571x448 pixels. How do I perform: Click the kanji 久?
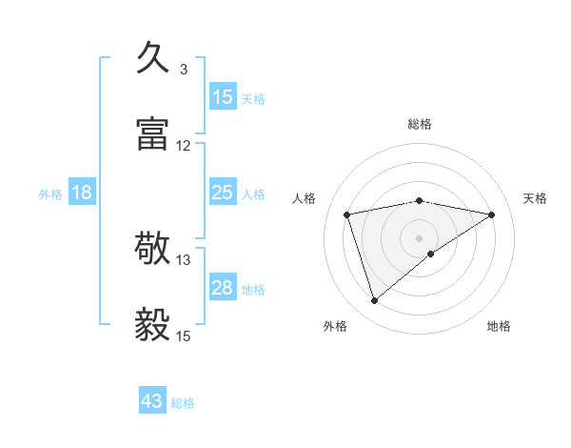tap(155, 59)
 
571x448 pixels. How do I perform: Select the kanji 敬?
tap(155, 250)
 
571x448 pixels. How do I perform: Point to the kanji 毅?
tap(155, 324)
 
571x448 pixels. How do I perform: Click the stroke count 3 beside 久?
tap(184, 69)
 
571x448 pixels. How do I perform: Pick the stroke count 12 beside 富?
tap(184, 146)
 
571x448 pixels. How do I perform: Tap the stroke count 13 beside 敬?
tap(184, 259)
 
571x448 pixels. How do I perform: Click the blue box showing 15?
tap(222, 97)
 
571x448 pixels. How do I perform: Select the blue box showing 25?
tap(222, 193)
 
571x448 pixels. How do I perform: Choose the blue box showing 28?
tap(222, 288)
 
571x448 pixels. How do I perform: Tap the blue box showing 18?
tap(82, 193)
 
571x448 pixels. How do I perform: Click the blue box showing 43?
tap(152, 401)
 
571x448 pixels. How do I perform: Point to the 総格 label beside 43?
tap(183, 403)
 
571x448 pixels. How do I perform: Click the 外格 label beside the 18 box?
tap(50, 194)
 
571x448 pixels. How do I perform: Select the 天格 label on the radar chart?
tap(536, 198)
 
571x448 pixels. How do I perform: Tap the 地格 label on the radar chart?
tap(499, 326)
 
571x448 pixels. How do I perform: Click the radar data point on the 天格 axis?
tap(492, 214)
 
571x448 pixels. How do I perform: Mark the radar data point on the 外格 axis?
tap(375, 301)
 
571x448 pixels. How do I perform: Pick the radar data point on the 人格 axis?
tap(347, 214)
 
